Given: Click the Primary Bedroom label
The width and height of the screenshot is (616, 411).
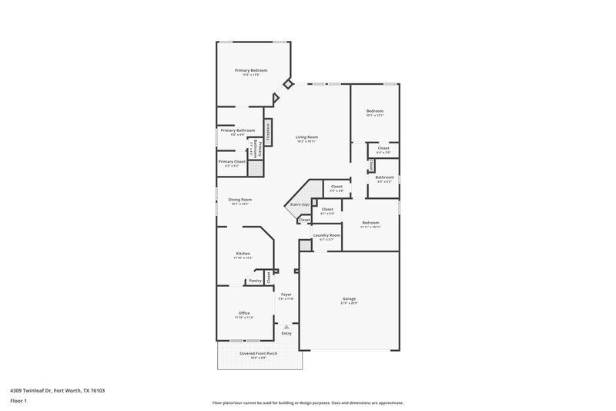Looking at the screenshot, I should (x=252, y=70).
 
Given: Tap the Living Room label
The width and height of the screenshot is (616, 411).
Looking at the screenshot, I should (x=306, y=137).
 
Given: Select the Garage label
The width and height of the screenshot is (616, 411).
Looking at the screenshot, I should (x=349, y=298).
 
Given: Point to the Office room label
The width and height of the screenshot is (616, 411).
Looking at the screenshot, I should (x=243, y=313).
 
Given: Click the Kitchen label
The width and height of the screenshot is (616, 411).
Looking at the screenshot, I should (x=243, y=254).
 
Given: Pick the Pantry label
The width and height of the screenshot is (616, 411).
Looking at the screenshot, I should (x=254, y=281).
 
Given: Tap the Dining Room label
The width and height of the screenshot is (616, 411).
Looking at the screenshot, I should (x=240, y=200).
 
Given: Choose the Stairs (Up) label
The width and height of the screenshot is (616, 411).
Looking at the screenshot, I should (x=299, y=204).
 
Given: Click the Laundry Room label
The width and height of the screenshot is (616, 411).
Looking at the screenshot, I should (x=326, y=235).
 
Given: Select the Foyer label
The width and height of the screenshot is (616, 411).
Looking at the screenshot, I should (x=286, y=295).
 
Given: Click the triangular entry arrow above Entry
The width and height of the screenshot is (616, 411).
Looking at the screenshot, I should (x=286, y=327).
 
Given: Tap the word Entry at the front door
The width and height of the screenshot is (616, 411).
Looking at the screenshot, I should (x=286, y=333).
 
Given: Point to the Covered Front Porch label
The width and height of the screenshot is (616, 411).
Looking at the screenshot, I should (x=253, y=353).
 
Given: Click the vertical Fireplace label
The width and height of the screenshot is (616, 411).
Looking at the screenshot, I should (x=268, y=130).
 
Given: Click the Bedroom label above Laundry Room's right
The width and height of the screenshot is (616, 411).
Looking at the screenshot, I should (x=370, y=224).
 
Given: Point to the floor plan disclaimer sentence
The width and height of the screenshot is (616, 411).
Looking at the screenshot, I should (x=307, y=403).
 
